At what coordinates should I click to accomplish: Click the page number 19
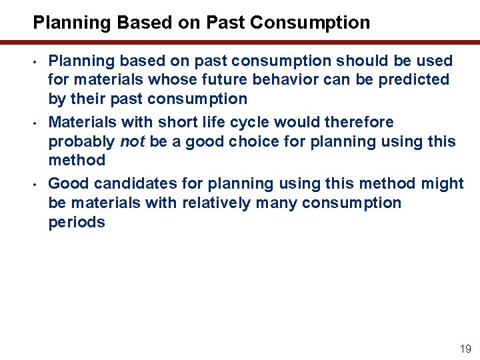[x=465, y=349]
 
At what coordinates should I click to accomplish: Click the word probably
[x=81, y=141]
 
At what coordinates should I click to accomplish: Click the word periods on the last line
[x=77, y=222]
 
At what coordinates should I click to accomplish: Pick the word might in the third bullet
[x=443, y=183]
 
